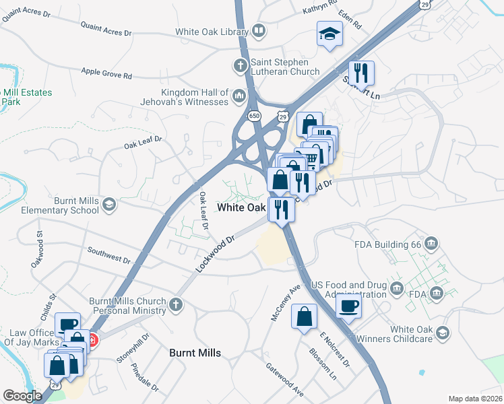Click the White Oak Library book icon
(x=259, y=31)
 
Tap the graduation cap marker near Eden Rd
(x=330, y=34)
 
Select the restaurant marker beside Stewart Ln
(x=361, y=73)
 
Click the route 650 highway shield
(x=254, y=116)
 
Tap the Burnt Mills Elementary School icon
(x=109, y=204)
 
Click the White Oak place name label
(x=241, y=207)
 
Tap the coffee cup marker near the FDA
(x=348, y=307)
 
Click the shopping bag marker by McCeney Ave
(x=305, y=316)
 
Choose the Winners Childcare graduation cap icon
(x=443, y=333)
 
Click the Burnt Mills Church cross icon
(x=177, y=305)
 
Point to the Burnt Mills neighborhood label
(x=195, y=353)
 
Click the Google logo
(x=22, y=396)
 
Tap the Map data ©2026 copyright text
(x=474, y=399)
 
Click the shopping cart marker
(x=311, y=158)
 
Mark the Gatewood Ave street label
(x=285, y=380)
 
